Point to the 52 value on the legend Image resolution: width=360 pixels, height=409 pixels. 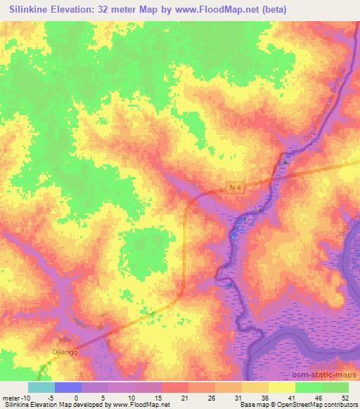tap(345, 397)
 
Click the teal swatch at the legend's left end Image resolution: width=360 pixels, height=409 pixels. tap(41, 387)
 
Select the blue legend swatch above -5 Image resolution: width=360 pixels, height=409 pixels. tap(67, 387)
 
